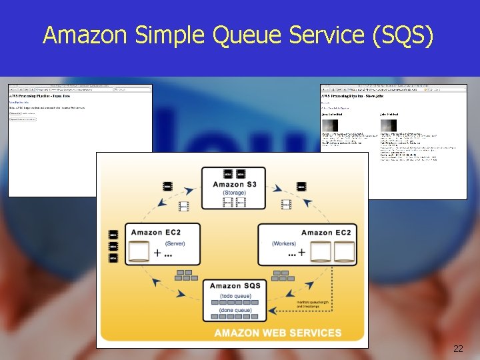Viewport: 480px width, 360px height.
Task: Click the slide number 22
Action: click(x=457, y=349)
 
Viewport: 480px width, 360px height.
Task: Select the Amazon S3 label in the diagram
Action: click(x=235, y=184)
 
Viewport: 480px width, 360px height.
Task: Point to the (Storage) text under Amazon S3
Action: click(x=234, y=193)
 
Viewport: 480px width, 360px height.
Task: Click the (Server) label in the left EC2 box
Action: click(x=175, y=243)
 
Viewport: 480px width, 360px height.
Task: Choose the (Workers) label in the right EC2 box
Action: click(x=284, y=243)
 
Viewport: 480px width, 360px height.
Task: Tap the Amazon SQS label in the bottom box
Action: click(x=235, y=286)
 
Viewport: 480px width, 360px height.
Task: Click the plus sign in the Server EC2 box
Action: click(x=158, y=253)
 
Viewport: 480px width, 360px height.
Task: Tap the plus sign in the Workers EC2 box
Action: click(x=301, y=252)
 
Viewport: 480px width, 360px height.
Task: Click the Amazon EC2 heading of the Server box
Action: click(x=155, y=232)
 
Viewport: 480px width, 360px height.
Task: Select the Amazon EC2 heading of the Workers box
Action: click(x=327, y=232)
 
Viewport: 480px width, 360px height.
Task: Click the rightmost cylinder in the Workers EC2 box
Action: click(x=345, y=251)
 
